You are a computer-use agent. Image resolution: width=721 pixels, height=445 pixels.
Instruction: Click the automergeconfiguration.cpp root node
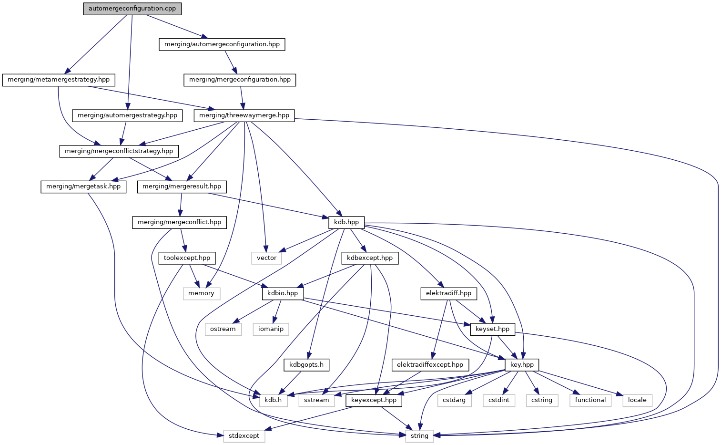click(132, 9)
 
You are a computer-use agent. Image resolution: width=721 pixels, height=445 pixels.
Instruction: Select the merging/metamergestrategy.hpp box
click(59, 80)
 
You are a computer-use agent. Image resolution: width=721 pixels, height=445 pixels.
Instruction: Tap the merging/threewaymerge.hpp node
click(244, 115)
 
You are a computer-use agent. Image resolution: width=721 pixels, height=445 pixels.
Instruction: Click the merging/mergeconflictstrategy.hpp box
click(119, 151)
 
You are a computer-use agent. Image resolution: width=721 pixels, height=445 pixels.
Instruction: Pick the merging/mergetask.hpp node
click(83, 186)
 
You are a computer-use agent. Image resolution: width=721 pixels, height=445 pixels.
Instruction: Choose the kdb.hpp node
click(346, 222)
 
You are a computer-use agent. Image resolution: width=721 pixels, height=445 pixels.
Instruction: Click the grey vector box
click(266, 258)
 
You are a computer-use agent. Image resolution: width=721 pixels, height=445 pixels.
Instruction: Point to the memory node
click(201, 293)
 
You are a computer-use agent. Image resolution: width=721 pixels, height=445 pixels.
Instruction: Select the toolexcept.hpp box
click(187, 258)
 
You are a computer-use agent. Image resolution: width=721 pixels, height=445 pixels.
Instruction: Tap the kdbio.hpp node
click(283, 293)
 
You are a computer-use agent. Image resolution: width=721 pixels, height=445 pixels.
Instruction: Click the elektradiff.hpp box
click(448, 293)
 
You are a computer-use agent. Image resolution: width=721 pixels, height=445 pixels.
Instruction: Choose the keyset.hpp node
click(493, 329)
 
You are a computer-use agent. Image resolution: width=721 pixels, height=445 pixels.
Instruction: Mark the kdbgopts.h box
click(306, 365)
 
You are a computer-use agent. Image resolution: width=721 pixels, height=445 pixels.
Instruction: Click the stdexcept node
click(244, 436)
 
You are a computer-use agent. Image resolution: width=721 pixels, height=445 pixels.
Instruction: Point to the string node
click(419, 436)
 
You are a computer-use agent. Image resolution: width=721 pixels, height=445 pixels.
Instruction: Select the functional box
click(590, 400)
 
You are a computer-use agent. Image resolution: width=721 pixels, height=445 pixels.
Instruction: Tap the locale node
click(637, 400)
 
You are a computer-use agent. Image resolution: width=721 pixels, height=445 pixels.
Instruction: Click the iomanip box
click(271, 329)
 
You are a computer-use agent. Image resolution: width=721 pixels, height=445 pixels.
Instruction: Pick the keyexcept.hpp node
click(374, 400)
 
